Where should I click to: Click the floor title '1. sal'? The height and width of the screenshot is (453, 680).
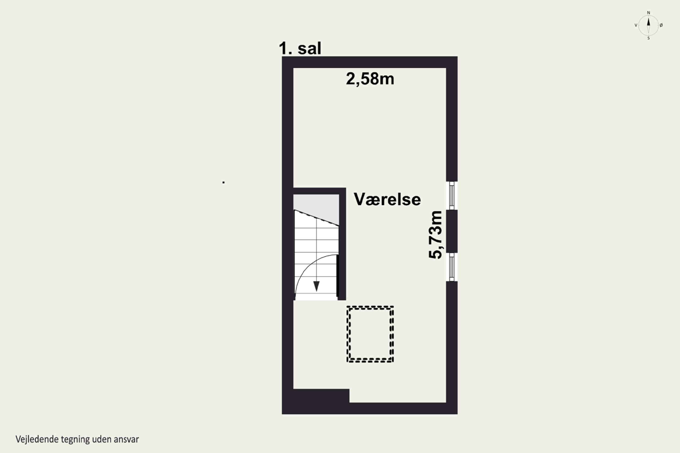300,48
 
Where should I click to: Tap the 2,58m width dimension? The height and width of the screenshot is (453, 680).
370,79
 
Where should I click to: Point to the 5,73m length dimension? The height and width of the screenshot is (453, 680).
435,235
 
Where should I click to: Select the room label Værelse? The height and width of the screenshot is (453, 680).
387,199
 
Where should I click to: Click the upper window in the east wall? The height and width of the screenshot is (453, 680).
452,195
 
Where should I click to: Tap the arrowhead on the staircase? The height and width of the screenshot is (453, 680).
316,286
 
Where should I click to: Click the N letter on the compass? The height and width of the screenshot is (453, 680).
648,13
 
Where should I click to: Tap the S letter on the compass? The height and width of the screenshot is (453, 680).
648,38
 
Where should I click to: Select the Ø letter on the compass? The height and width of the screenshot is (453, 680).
661,25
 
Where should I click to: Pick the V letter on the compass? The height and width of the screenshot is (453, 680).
636,25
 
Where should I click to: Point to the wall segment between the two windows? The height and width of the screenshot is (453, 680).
452,231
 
